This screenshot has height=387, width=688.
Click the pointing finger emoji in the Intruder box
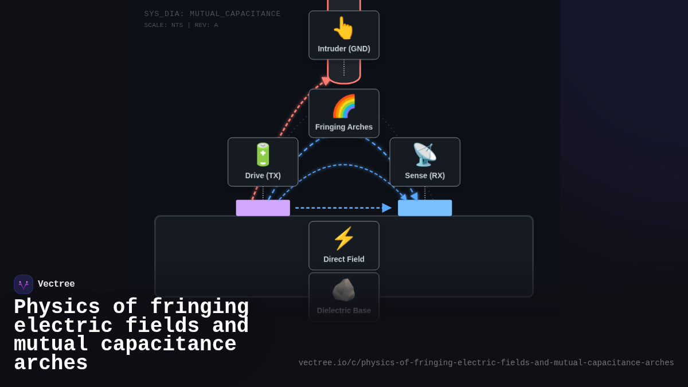[x=343, y=28]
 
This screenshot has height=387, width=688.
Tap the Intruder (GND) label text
[x=344, y=49]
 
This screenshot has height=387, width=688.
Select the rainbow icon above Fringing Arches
[x=343, y=106]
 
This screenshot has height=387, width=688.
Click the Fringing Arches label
[x=344, y=127]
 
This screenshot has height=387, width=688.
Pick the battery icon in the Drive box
[x=263, y=155]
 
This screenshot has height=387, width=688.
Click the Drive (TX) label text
[x=263, y=175]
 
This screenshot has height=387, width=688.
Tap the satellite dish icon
[x=425, y=155]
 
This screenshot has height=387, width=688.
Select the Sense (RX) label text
[x=425, y=175]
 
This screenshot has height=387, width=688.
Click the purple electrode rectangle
[x=263, y=208]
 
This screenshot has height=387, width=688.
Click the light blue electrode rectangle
[x=425, y=208]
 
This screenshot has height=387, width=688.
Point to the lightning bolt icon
[x=343, y=239]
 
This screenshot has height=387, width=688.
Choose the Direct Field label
[x=344, y=259]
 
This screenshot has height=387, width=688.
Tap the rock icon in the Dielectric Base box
[x=343, y=290]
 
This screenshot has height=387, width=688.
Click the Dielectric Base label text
[x=344, y=311]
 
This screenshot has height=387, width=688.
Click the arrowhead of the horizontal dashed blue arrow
[x=387, y=208]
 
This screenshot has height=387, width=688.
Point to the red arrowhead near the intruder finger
[x=326, y=81]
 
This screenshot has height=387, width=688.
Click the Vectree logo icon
[x=24, y=284]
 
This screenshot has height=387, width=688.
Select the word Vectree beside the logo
[x=56, y=284]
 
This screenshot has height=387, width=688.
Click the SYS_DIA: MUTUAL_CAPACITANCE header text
[x=213, y=14]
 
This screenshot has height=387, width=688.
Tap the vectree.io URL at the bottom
[x=486, y=363]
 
